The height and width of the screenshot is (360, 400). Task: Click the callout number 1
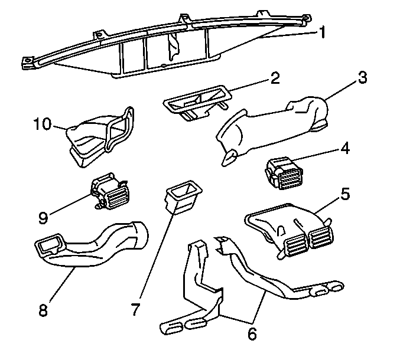coord(322,32)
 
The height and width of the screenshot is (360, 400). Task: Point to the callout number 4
coord(344,148)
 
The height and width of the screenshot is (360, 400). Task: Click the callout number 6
coord(252,334)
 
